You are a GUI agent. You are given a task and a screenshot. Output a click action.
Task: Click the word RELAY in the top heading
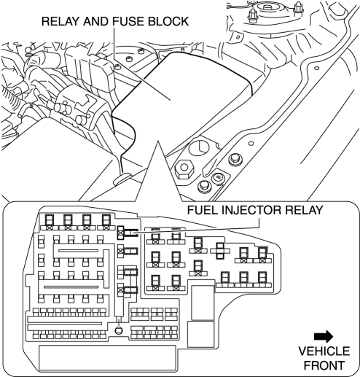tap(60, 21)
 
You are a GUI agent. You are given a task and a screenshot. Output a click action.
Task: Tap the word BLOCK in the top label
tap(168, 21)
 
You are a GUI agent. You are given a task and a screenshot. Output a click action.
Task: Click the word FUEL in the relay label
tap(203, 210)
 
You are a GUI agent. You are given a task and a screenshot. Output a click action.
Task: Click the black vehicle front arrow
tap(324, 336)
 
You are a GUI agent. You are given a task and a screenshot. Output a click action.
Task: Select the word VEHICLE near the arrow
tap(324, 351)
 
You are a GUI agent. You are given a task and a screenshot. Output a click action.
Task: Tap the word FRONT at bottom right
tap(324, 365)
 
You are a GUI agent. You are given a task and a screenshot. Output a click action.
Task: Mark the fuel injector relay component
tap(128, 233)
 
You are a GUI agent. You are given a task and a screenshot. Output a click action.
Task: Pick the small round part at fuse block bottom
tap(118, 330)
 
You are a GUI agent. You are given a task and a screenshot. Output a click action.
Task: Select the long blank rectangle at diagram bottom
tap(107, 358)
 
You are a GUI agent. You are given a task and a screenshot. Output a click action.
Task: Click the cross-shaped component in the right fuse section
tap(220, 251)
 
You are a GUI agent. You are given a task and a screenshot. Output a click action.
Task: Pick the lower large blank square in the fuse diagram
tap(201, 334)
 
